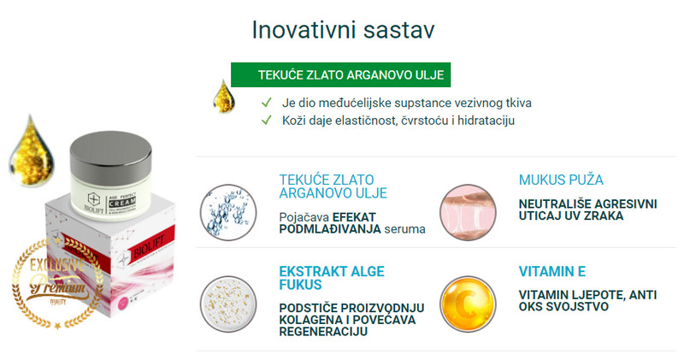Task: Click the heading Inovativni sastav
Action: pyautogui.click(x=343, y=29)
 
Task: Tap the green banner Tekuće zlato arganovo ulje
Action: pyautogui.click(x=340, y=75)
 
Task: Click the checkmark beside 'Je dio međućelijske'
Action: pyautogui.click(x=268, y=103)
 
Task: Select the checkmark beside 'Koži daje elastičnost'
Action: pyautogui.click(x=268, y=121)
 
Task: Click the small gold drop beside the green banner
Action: pyautogui.click(x=222, y=94)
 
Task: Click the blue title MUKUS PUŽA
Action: pyautogui.click(x=561, y=180)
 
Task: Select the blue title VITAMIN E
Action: pyautogui.click(x=552, y=272)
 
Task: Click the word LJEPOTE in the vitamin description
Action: pyautogui.click(x=598, y=295)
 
